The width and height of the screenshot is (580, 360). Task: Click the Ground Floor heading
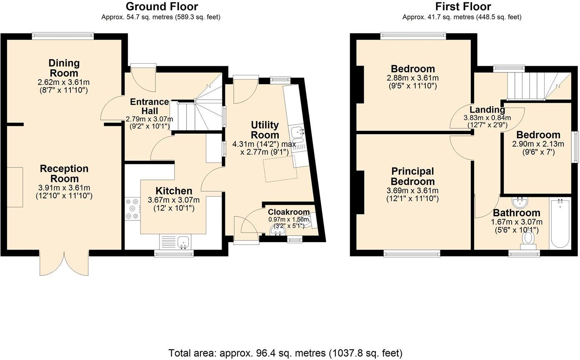point(161,7)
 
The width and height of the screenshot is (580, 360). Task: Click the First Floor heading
point(463,7)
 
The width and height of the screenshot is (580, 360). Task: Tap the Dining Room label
point(64,68)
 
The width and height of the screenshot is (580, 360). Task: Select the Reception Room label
point(64,174)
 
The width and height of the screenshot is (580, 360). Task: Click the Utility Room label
point(265,130)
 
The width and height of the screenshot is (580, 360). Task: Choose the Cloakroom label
point(288,212)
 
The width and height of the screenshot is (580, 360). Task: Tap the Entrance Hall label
point(150,106)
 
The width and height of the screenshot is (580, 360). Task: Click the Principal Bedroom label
point(412,176)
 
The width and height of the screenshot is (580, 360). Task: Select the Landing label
point(487,110)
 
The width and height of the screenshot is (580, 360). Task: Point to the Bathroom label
point(516,213)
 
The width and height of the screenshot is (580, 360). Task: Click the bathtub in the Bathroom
point(560,224)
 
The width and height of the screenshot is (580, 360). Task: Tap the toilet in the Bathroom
point(528,239)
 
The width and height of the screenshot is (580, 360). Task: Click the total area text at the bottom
point(285,353)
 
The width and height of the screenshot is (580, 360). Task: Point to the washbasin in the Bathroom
point(520,203)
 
